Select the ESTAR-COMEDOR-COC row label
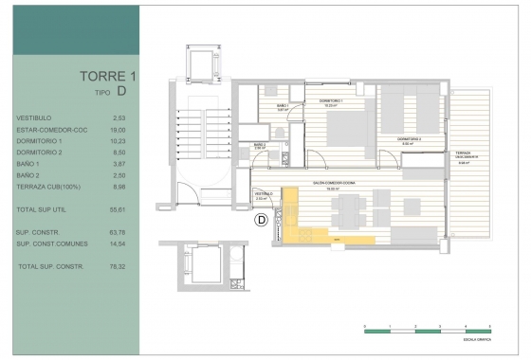click(46, 129)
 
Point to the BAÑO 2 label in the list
click(28, 175)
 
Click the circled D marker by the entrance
click(260, 221)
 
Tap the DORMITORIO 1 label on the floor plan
click(330, 100)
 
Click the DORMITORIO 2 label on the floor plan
click(409, 138)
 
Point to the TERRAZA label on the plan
click(463, 152)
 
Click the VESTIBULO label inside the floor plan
click(264, 192)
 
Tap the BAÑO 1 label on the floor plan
click(283, 105)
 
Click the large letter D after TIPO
click(122, 92)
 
